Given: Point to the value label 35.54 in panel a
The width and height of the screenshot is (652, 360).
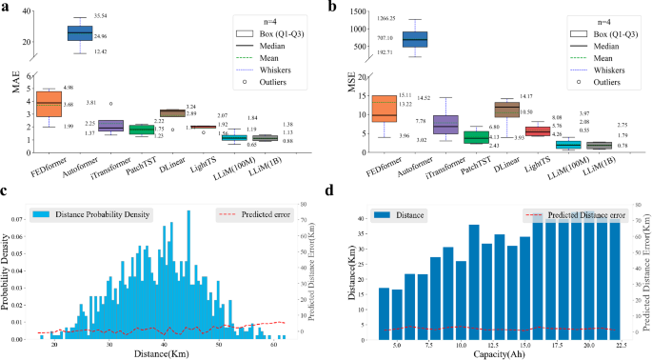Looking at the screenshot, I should coord(102,16).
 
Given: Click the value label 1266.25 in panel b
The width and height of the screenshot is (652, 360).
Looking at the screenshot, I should coord(387,17).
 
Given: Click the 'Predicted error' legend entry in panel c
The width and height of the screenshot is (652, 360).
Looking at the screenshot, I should coord(252,215).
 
